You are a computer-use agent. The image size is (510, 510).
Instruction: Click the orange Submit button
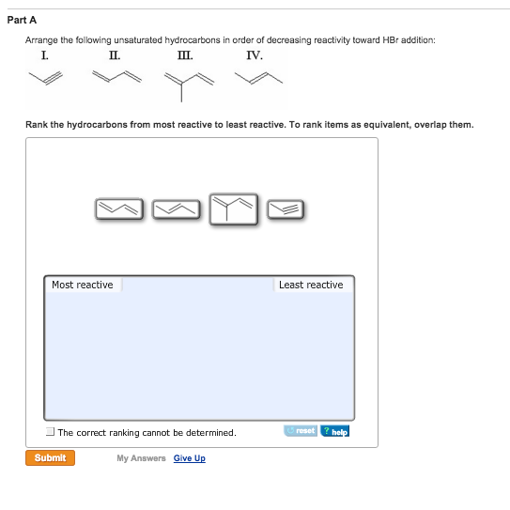pyautogui.click(x=50, y=457)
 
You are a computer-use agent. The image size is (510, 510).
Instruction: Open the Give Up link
pyautogui.click(x=189, y=458)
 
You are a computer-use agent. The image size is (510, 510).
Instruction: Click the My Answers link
pyautogui.click(x=141, y=458)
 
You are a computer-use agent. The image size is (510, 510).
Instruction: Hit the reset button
pyautogui.click(x=301, y=431)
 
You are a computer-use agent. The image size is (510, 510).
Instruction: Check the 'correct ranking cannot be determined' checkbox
pyautogui.click(x=50, y=432)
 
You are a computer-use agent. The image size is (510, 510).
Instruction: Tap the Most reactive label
pyautogui.click(x=83, y=285)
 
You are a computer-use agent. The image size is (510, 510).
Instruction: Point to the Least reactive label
pyautogui.click(x=311, y=285)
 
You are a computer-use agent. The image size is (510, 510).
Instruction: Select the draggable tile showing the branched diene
pyautogui.click(x=233, y=209)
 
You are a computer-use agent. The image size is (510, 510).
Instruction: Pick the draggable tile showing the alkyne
pyautogui.click(x=286, y=209)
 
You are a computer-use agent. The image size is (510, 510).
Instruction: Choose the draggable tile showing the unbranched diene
pyautogui.click(x=120, y=209)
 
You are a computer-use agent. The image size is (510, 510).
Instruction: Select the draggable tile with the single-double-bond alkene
pyautogui.click(x=177, y=209)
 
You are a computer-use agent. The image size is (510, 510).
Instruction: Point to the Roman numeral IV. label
pyautogui.click(x=255, y=55)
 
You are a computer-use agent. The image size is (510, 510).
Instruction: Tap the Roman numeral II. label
pyautogui.click(x=115, y=55)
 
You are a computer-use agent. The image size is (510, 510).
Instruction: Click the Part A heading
pyautogui.click(x=32, y=20)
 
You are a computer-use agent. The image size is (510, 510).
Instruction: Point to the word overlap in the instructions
pyautogui.click(x=434, y=124)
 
